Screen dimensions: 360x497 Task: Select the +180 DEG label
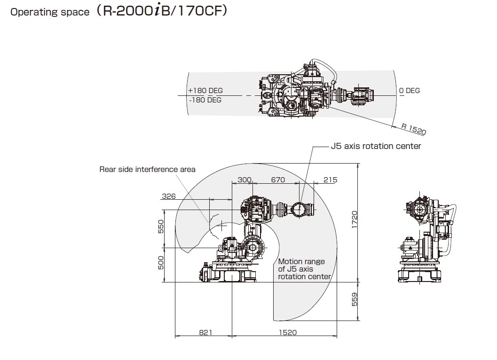[205, 90]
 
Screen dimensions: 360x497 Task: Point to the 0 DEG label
[409, 90]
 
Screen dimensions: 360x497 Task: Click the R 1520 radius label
[413, 129]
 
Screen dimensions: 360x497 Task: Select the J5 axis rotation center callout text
[376, 146]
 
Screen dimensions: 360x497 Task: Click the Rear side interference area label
[147, 169]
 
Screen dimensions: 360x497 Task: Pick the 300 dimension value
[244, 180]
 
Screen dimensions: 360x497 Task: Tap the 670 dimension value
[278, 180]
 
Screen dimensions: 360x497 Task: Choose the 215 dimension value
[330, 180]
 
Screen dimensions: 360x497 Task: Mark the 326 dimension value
[168, 196]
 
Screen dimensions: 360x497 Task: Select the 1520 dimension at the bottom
[288, 333]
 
